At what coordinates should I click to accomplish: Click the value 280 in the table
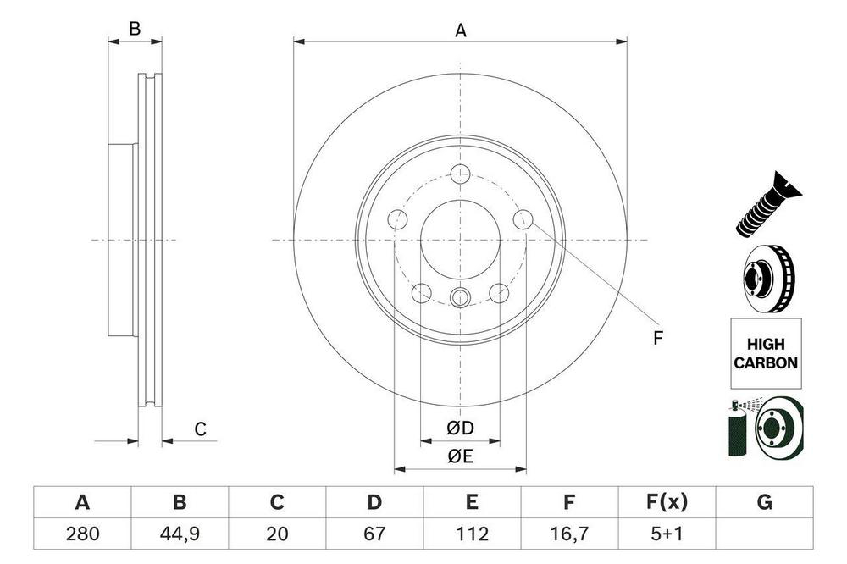coord(83,534)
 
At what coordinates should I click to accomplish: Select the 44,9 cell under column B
coord(180,534)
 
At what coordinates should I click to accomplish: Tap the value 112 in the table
coord(472,534)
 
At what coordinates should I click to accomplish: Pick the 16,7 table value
coord(569,534)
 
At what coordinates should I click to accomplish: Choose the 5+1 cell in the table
coord(667,534)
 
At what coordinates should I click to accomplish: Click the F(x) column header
coord(667,502)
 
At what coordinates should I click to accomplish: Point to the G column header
coord(764,502)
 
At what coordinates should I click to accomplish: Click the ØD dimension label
coord(460,428)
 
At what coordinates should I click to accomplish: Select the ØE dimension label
coord(460,456)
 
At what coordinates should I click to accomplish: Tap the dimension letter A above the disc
coord(460,30)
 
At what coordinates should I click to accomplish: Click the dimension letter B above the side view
coord(135,29)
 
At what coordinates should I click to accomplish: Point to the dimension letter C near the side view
coord(201,429)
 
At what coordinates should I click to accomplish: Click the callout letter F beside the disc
coord(657,338)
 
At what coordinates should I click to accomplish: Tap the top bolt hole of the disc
coord(460,174)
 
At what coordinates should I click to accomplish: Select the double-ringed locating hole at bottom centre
coord(460,296)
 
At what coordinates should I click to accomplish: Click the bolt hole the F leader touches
coord(523,219)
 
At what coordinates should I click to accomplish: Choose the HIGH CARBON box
coord(766,353)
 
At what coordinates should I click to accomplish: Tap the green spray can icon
coord(737,429)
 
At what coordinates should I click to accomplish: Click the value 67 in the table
coord(374,534)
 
